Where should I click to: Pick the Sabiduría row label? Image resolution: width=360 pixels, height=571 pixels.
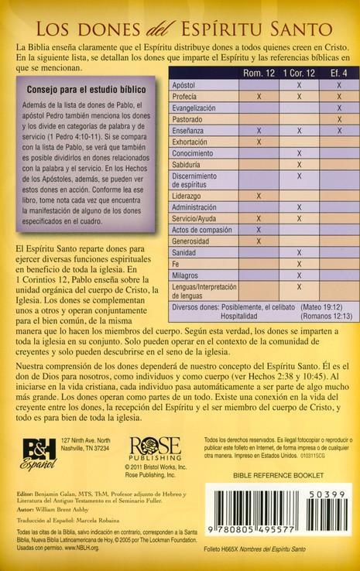coord(189,163)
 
